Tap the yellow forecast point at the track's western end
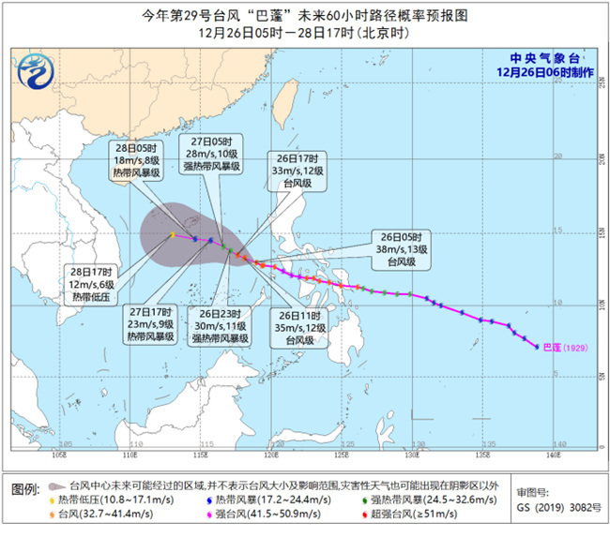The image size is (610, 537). (173, 234)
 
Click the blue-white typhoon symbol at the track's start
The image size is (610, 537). (536, 346)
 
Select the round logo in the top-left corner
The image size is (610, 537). (38, 67)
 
